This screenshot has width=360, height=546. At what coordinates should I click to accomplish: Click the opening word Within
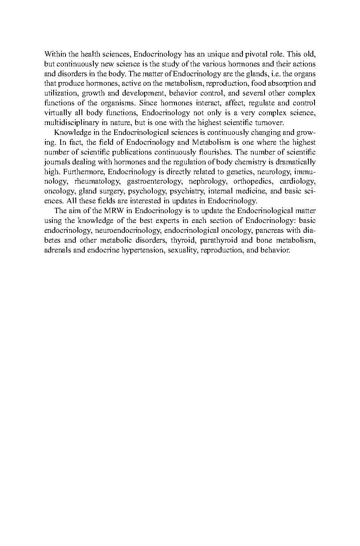click(54, 54)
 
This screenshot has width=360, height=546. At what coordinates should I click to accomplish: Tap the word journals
click(57, 162)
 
